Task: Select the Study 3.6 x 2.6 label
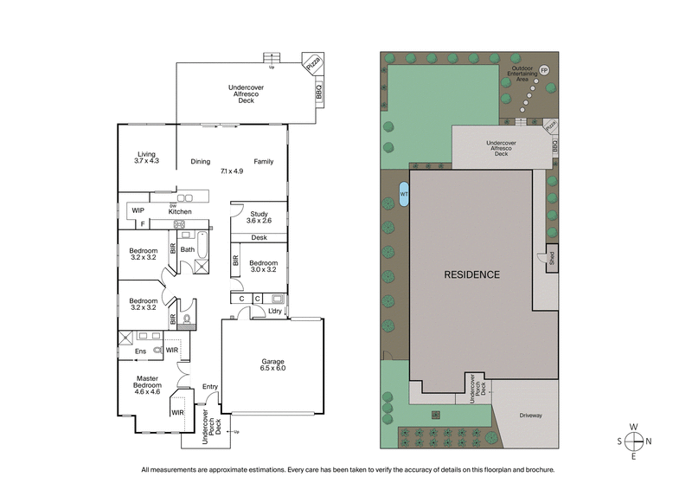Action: tap(259, 217)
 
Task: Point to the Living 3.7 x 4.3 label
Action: tap(145, 158)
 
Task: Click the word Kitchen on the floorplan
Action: tap(180, 211)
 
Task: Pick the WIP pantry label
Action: tap(138, 210)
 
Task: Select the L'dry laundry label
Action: tap(275, 311)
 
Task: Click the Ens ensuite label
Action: tap(140, 351)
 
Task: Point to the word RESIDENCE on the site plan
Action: tap(471, 274)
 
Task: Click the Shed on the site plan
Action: tap(549, 259)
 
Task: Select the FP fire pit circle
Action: tap(544, 69)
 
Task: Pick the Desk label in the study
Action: tap(259, 238)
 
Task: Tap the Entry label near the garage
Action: tap(210, 386)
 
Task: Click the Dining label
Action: tap(201, 161)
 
